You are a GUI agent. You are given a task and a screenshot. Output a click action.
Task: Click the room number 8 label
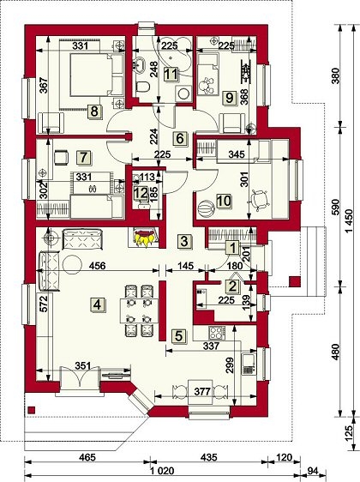(x=94, y=111)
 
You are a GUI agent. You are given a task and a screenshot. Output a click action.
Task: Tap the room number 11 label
(x=171, y=74)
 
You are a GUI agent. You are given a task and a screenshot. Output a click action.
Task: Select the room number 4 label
(x=97, y=305)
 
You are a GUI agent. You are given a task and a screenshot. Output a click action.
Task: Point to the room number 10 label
(x=224, y=201)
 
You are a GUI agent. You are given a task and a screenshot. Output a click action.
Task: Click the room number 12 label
(x=141, y=194)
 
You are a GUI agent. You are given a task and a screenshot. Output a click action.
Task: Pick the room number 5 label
(x=179, y=335)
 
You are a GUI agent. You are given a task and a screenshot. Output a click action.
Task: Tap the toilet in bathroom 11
(x=142, y=86)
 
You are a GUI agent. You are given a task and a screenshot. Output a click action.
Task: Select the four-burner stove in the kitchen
(x=217, y=332)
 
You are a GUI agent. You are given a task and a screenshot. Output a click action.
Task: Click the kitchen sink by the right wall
(x=248, y=364)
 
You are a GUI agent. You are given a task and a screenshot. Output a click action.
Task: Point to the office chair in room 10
(x=259, y=200)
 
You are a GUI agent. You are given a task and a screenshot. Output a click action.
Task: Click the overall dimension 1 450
(x=351, y=221)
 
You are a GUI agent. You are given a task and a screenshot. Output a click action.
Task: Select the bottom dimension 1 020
(x=163, y=471)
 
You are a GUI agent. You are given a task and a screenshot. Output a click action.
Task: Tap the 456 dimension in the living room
(x=98, y=266)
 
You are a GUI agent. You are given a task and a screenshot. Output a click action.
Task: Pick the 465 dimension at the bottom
(x=87, y=457)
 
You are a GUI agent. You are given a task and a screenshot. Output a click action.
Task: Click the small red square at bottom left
(x=31, y=409)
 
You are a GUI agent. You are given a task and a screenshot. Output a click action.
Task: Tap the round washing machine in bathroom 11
(x=183, y=93)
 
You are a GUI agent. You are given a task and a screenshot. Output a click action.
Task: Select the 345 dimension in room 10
(x=237, y=154)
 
